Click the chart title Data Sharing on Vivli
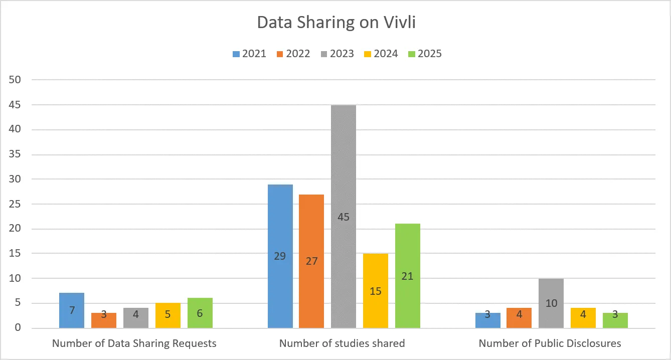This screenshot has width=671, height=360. (335, 23)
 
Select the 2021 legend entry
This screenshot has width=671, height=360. (249, 54)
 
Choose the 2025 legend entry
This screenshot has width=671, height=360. (424, 54)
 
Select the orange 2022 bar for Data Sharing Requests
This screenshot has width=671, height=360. (104, 320)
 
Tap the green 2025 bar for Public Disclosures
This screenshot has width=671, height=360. (615, 320)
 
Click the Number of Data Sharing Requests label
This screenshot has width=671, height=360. (134, 343)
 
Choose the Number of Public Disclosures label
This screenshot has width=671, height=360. (550, 343)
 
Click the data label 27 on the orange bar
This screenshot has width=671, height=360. (311, 261)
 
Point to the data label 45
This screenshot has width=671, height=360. (344, 217)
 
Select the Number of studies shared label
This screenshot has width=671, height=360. (342, 343)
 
